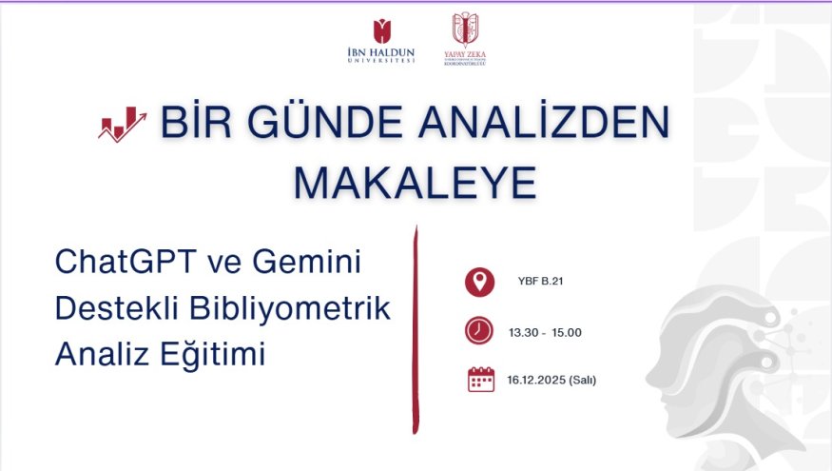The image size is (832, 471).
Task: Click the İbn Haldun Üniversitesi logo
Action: click(382, 40)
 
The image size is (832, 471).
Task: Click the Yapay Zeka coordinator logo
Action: click(465, 39)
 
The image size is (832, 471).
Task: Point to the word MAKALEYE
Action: click(415, 183)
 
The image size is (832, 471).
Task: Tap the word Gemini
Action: click(315, 262)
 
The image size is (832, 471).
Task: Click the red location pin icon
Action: click(480, 282)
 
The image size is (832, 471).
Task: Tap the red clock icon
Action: click(480, 331)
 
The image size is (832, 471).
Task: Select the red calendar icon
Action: click(481, 381)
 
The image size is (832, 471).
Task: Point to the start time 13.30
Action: click(524, 332)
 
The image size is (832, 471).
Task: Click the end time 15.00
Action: click(566, 332)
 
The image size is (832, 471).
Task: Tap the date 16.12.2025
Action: click(535, 381)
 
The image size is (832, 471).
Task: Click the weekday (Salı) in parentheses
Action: click(582, 381)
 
